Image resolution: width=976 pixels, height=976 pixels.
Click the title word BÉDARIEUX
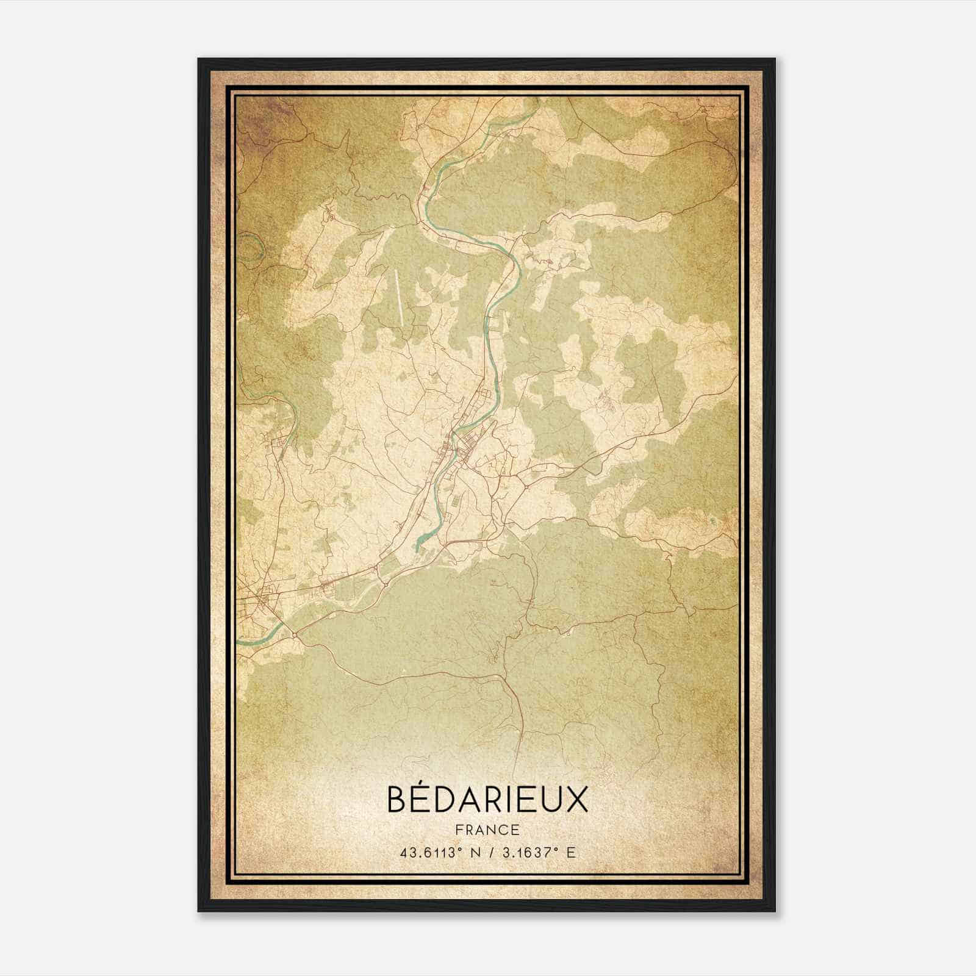tap(487, 800)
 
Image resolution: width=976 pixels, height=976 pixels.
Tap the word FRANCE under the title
tap(487, 830)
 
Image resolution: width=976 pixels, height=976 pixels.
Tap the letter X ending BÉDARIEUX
tap(576, 800)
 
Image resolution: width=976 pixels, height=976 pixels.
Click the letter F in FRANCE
tap(457, 830)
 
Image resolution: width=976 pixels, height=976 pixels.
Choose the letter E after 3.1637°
tap(571, 853)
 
